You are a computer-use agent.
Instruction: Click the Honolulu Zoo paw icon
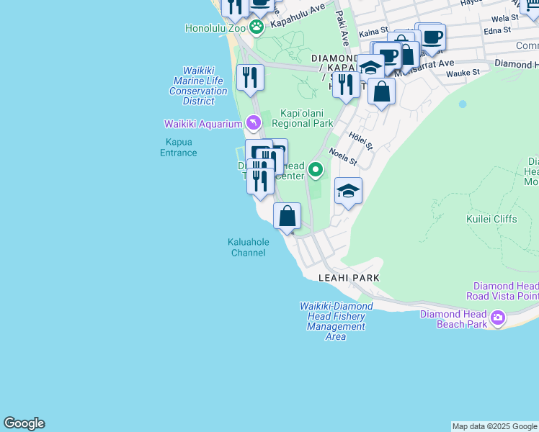tap(257, 27)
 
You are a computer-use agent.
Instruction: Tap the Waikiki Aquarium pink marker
tap(252, 123)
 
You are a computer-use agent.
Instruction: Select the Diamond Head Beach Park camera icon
tap(498, 318)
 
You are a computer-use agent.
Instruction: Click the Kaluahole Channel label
tap(248, 247)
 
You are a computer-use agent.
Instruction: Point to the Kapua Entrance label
tap(178, 147)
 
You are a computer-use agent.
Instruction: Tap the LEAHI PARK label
tap(349, 277)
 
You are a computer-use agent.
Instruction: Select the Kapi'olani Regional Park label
tap(302, 118)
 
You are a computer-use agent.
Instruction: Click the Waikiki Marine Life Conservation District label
tap(198, 86)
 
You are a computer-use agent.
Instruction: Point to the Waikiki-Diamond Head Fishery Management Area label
tap(336, 321)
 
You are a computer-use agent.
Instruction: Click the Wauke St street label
tap(463, 73)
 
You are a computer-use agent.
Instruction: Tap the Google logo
tap(24, 423)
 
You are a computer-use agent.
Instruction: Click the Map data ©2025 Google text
tap(494, 426)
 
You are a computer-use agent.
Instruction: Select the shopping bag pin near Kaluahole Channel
tap(287, 216)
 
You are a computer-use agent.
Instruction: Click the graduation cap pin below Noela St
tap(348, 192)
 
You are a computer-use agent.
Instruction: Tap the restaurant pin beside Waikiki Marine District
tap(250, 78)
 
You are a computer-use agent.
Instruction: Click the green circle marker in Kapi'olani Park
tap(315, 170)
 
